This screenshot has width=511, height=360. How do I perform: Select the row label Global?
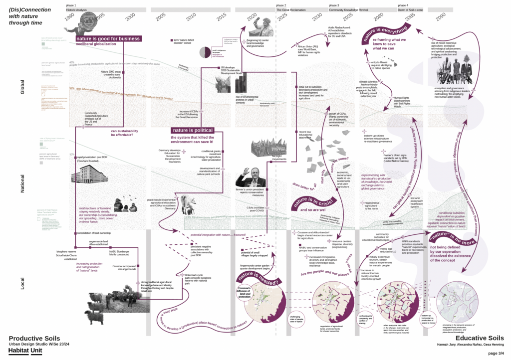21,88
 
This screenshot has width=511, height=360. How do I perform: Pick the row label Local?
21,283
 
